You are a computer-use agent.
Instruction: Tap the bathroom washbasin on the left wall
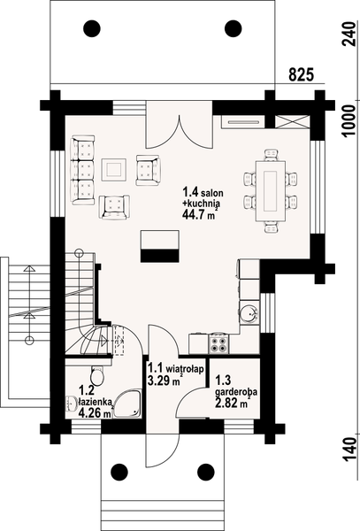click(70, 403)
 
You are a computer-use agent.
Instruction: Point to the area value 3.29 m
click(163, 382)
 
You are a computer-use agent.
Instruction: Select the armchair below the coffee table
click(114, 205)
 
